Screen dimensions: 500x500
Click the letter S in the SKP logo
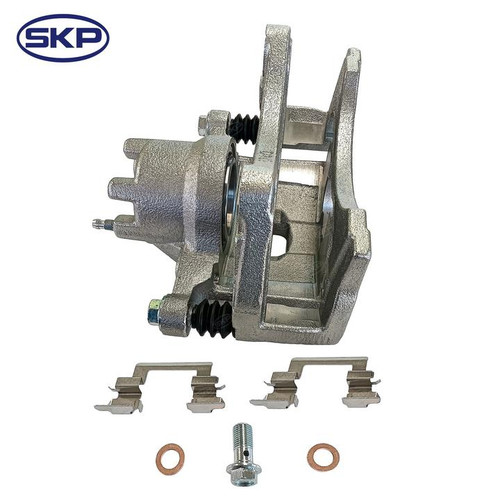pos(41,39)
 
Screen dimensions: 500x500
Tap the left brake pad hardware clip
pos(161,386)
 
